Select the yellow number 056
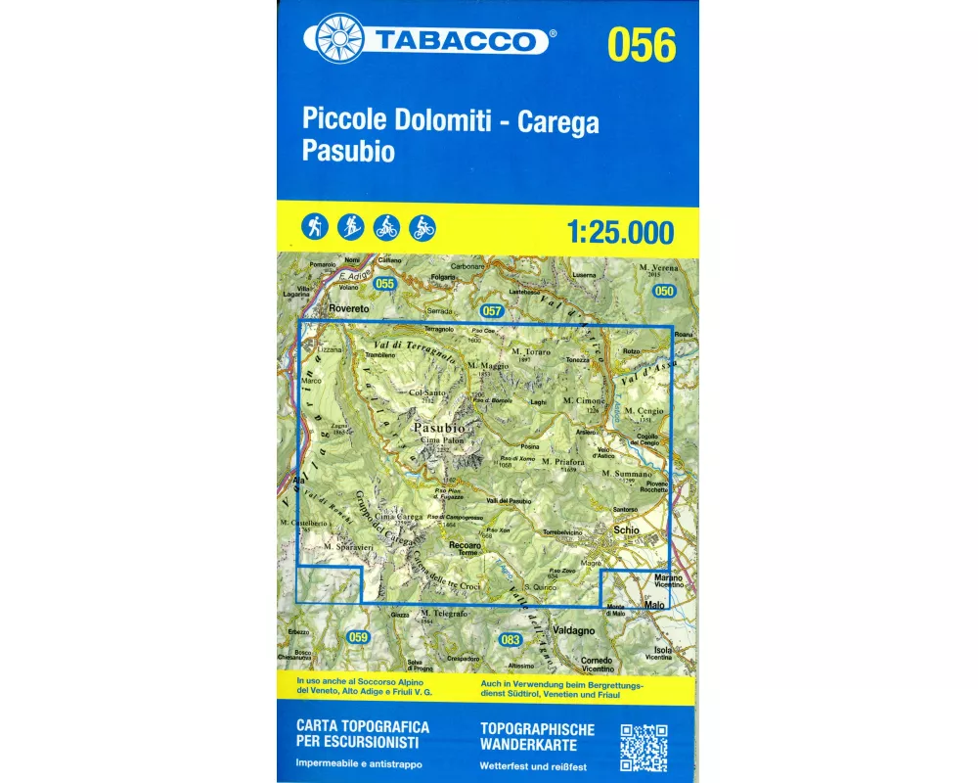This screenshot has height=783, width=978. pyautogui.click(x=641, y=45)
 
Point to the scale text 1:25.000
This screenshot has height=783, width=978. pyautogui.click(x=620, y=232)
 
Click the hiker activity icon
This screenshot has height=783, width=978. pyautogui.click(x=315, y=227)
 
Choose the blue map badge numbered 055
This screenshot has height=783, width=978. pyautogui.click(x=384, y=284)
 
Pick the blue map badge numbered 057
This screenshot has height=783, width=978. pyautogui.click(x=492, y=311)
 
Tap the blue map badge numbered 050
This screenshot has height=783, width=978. pyautogui.click(x=665, y=292)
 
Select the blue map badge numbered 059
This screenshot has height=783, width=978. pyautogui.click(x=358, y=638)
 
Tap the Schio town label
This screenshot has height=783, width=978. pyautogui.click(x=625, y=529)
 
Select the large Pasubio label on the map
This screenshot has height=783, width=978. pyautogui.click(x=432, y=428)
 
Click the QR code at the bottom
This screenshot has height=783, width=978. pyautogui.click(x=644, y=747)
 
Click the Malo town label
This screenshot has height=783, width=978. pyautogui.click(x=654, y=605)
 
